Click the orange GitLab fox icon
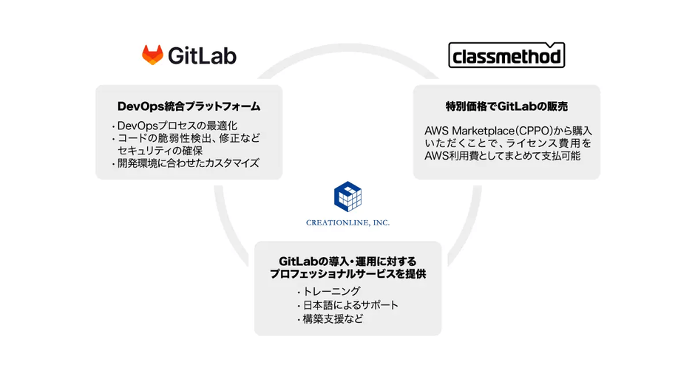pyautogui.click(x=153, y=55)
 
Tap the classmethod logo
pyautogui.click(x=506, y=55)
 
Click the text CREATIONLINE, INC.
pyautogui.click(x=347, y=222)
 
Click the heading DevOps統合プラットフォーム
pyautogui.click(x=189, y=106)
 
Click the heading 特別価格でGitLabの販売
pyautogui.click(x=506, y=106)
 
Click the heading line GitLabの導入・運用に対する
pyautogui.click(x=347, y=262)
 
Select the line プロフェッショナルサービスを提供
pyautogui.click(x=347, y=274)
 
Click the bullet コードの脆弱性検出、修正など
pyautogui.click(x=189, y=137)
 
